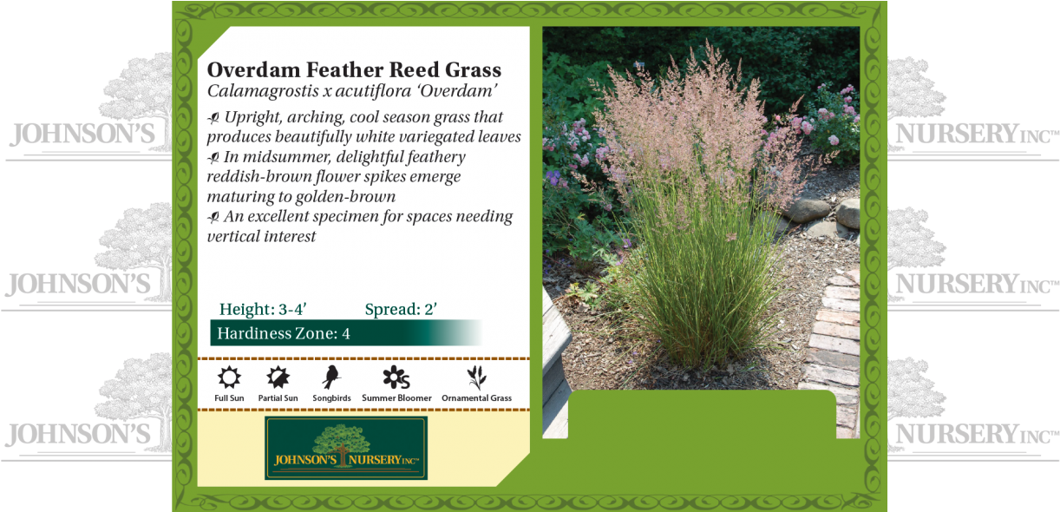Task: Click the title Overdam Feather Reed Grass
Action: tap(354, 69)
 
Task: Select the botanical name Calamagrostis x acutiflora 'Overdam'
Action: tap(351, 90)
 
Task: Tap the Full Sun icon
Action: tap(230, 377)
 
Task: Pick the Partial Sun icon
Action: tap(278, 377)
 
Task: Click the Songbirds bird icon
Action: tap(330, 377)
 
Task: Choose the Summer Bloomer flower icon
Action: tap(396, 377)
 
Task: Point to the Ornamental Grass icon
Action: tap(476, 377)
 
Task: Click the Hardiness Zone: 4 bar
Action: tap(345, 333)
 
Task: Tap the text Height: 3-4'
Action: tap(263, 310)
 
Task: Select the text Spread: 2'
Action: tap(400, 310)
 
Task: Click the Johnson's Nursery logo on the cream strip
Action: tap(346, 449)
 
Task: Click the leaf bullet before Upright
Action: tap(213, 118)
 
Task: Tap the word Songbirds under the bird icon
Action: tap(331, 398)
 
